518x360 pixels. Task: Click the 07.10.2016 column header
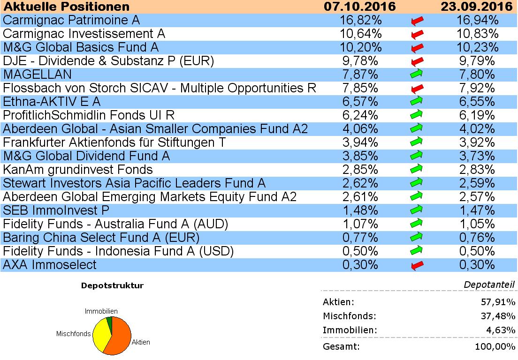[x=360, y=7]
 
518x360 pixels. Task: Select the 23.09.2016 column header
[x=476, y=7]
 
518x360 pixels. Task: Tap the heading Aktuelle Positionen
[x=66, y=7]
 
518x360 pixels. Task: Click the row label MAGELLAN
[x=38, y=75]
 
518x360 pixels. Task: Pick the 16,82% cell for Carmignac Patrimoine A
[x=360, y=20]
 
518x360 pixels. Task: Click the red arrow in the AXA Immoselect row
[x=417, y=265]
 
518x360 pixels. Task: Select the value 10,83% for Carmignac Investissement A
[x=476, y=34]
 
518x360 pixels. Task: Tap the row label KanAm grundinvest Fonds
[x=78, y=170]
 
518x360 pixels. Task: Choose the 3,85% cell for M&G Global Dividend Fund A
[x=360, y=156]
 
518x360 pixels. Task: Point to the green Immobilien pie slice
[x=110, y=320]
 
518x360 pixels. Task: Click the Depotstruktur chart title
[x=112, y=285]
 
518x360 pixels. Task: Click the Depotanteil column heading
[x=489, y=285]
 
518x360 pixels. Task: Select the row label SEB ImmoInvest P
[x=56, y=210]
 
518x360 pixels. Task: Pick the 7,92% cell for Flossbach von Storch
[x=476, y=88]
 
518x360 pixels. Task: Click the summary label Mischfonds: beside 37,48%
[x=349, y=316]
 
